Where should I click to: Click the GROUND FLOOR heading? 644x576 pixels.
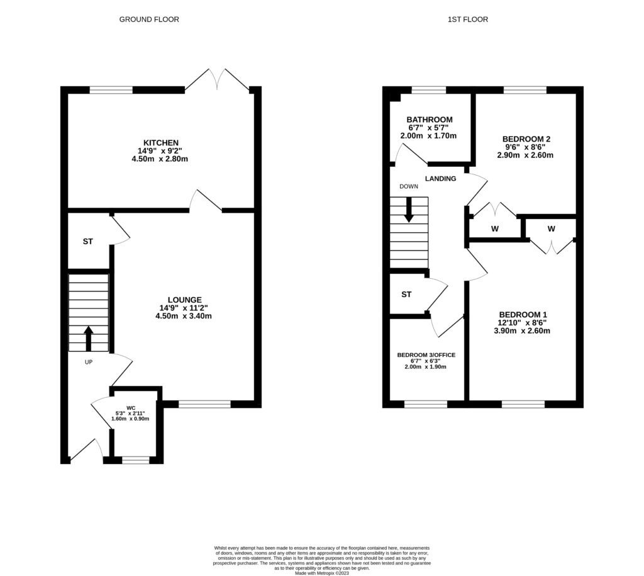click(149, 20)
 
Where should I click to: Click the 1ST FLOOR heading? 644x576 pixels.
click(467, 20)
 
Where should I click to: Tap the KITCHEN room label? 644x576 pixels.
click(161, 143)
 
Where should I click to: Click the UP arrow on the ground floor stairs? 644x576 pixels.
click(88, 338)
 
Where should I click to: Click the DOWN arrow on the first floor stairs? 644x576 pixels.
click(409, 210)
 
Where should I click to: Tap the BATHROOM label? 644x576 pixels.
click(429, 120)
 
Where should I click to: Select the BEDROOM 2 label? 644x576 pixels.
click(526, 139)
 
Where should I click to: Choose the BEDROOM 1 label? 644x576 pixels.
click(523, 315)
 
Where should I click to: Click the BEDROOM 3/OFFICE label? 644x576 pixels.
click(426, 355)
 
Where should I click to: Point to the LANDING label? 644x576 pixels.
click(440, 179)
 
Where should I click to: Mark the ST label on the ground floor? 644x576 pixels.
click(87, 241)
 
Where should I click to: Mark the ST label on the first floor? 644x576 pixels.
click(406, 294)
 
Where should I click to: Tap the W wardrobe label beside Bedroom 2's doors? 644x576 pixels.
click(494, 229)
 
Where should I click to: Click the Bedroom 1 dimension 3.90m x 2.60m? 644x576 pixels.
click(523, 330)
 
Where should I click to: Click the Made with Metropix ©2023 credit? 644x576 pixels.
click(321, 572)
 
